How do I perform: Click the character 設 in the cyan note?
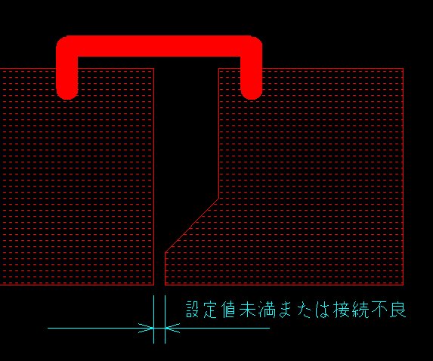193,310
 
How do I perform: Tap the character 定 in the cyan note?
210,310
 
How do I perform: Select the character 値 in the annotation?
228,310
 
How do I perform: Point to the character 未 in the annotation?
247,310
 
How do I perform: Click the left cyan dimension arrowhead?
146,329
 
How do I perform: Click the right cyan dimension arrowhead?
172,329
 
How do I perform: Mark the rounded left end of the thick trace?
66,94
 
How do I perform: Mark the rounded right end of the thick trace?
252,94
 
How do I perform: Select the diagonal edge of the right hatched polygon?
192,225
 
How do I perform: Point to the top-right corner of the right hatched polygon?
404,69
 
